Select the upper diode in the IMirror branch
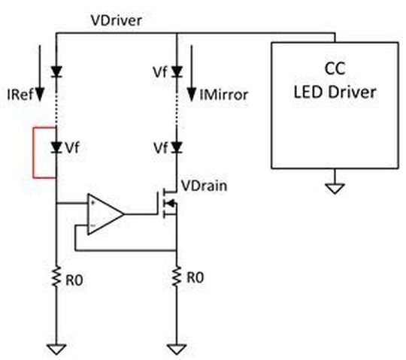[177, 72]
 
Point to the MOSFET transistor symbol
[167, 203]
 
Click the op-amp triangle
[104, 214]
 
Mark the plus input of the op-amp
[92, 204]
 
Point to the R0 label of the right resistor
[195, 278]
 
